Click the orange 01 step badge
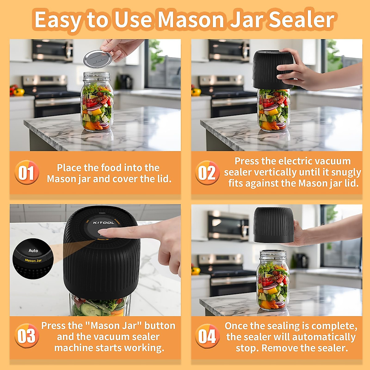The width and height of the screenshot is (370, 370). click(x=27, y=172)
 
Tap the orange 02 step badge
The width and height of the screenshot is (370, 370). click(x=207, y=173)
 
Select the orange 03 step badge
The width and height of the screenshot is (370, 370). click(x=27, y=336)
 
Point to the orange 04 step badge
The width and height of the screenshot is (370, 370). click(x=207, y=336)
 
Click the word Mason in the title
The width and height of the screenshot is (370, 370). click(x=191, y=20)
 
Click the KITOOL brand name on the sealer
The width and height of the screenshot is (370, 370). click(x=104, y=223)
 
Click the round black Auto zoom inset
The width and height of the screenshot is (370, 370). click(x=33, y=259)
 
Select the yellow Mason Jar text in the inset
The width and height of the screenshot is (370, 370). click(x=33, y=261)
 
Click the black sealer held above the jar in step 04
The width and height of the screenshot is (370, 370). click(x=273, y=225)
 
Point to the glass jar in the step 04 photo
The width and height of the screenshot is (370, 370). click(x=273, y=281)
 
